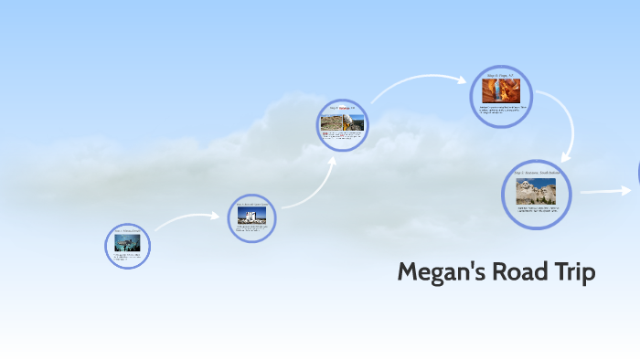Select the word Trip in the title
[x=573, y=272]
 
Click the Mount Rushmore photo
[x=536, y=192]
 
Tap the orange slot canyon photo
[x=500, y=91]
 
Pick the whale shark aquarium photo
[x=127, y=244]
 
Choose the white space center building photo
[x=251, y=216]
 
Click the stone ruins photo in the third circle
[x=332, y=122]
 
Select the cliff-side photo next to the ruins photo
[x=354, y=122]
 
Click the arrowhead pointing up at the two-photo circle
[x=332, y=160]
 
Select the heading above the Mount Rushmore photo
[x=536, y=173]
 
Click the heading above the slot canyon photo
[x=500, y=73]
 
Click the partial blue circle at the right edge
[x=637, y=174]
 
